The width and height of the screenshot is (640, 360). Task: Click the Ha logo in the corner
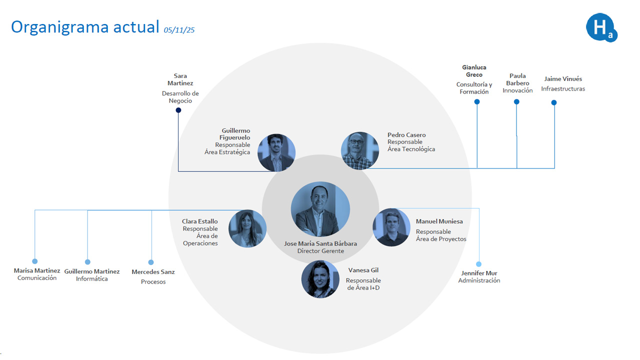[x=601, y=27]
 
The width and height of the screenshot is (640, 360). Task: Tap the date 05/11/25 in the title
[x=179, y=30]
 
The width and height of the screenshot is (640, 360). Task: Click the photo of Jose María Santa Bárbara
[x=320, y=209]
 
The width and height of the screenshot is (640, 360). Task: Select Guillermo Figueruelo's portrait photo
[x=276, y=152]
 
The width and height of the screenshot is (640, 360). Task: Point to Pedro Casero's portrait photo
[x=360, y=150]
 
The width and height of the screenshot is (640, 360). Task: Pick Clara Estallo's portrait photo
[x=247, y=228]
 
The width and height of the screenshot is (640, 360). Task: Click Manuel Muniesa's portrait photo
[x=391, y=227]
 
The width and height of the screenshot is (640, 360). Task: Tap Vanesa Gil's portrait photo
[x=320, y=279]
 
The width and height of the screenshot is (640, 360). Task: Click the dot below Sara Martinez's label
[x=178, y=110]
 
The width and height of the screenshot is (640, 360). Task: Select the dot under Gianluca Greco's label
[x=477, y=101]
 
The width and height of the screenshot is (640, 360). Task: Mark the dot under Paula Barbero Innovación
[x=516, y=101]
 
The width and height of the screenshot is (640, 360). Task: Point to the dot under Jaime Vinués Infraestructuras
[x=554, y=102]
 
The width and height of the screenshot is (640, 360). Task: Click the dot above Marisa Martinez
[x=34, y=261]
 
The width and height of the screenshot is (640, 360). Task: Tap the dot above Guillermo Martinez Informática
[x=87, y=261]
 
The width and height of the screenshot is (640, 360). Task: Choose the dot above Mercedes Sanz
[x=151, y=262]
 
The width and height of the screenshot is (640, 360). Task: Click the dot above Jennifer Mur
[x=478, y=264]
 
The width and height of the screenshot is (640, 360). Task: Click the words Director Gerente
[x=320, y=251]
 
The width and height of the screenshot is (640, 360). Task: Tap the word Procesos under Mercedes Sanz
[x=153, y=282]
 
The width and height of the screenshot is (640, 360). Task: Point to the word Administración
[x=479, y=281]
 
